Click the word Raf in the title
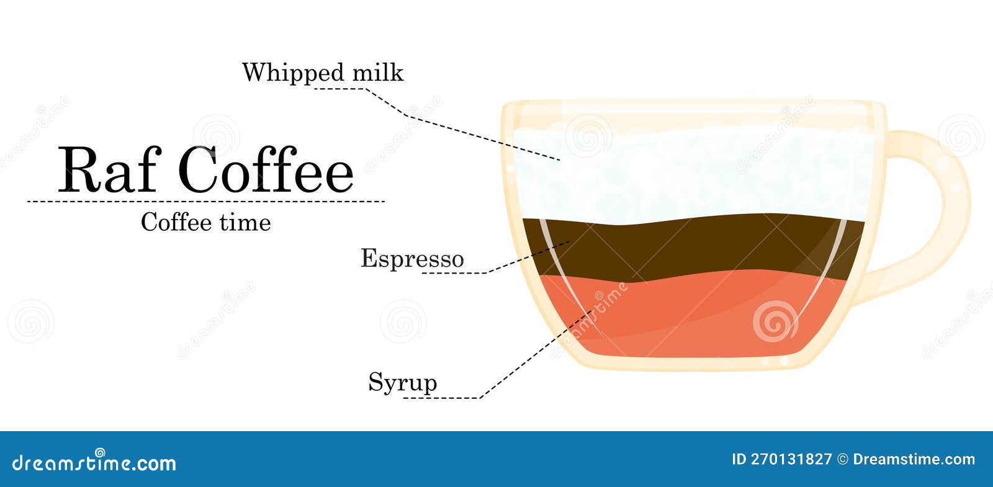[109, 170]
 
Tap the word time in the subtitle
[245, 222]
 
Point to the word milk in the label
[378, 72]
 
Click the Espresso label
[412, 259]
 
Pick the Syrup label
[403, 382]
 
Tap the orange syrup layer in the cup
[691, 315]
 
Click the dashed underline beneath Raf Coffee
[205, 202]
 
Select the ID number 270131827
[791, 460]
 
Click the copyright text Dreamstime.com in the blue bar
[914, 460]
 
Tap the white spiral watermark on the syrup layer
[775, 321]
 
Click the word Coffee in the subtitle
[176, 222]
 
